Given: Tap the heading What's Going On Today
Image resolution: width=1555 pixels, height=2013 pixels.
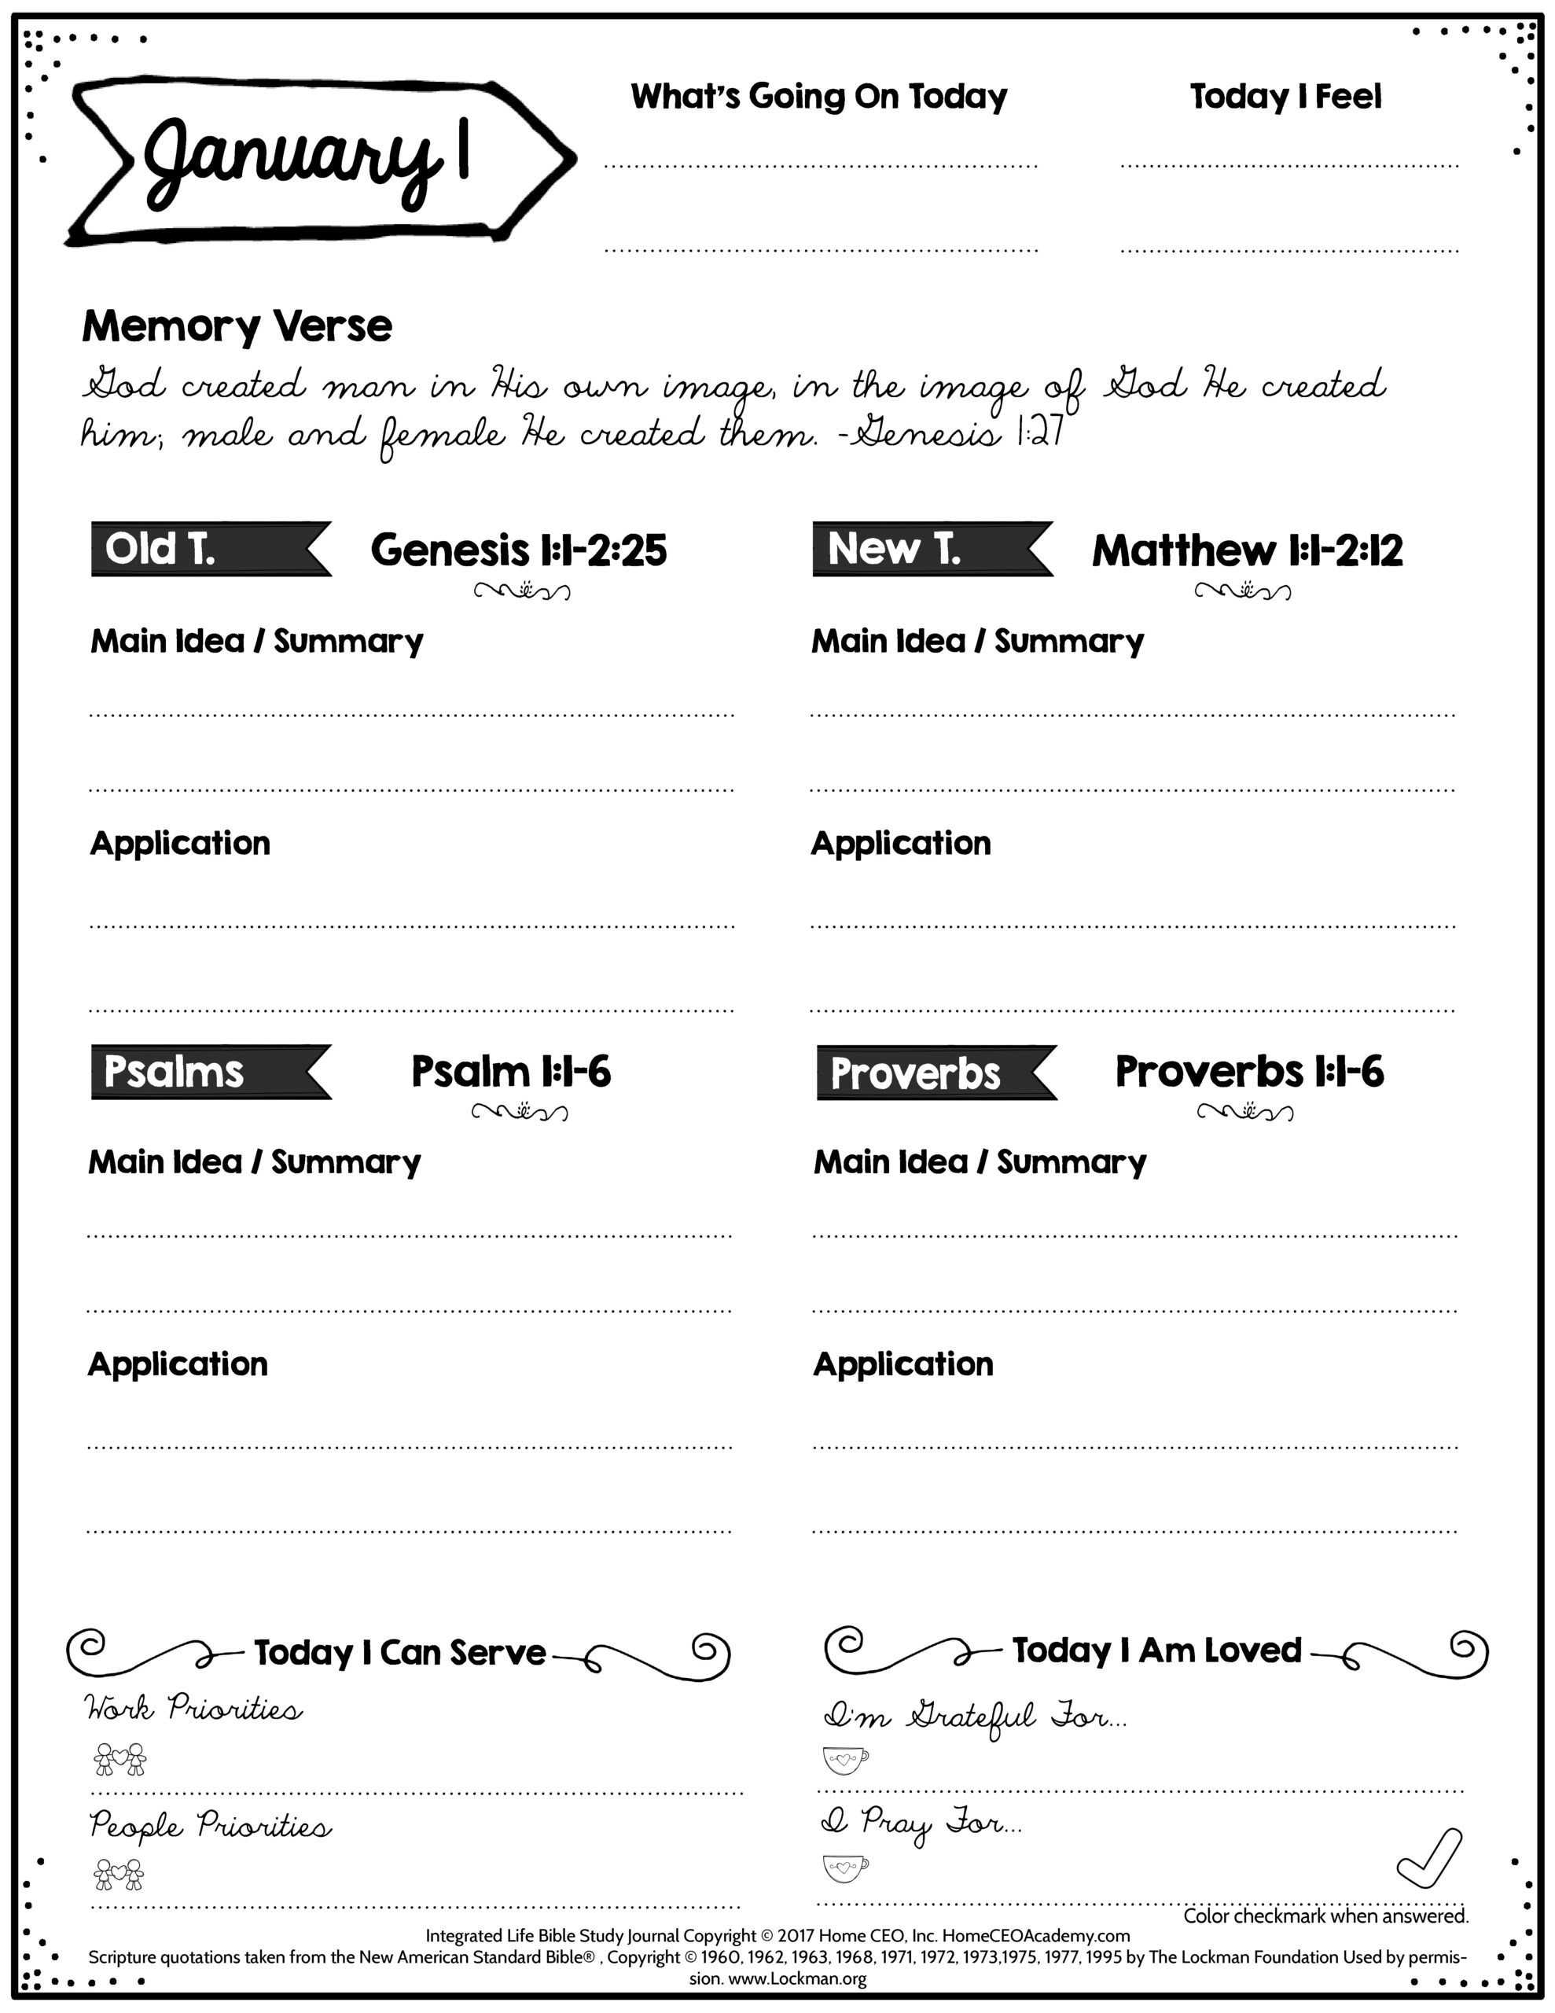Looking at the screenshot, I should coord(818,96).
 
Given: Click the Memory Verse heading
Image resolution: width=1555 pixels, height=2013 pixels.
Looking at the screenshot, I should coord(237,326).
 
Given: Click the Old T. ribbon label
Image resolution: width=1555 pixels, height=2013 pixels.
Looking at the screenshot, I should coord(161,550).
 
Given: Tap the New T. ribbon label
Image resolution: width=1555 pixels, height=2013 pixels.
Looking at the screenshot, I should coord(894,550).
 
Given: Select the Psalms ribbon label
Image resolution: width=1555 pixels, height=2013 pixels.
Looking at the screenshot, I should coord(175,1072).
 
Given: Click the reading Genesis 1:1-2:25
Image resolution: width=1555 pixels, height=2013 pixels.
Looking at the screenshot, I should coord(518,550).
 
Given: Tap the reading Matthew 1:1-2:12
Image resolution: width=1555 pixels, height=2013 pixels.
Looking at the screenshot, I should coord(1246,550).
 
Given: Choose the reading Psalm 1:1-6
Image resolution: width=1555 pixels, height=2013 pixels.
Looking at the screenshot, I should coord(511,1072).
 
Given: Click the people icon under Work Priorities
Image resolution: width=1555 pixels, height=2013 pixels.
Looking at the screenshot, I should coord(119,1758).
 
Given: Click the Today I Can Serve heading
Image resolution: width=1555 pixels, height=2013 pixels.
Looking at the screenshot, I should coord(400,1653).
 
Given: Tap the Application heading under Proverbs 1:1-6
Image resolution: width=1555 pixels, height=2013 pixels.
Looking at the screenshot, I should coord(903,1364).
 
